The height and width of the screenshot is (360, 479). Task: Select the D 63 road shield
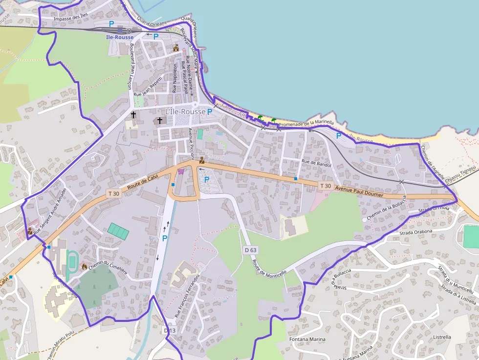click(250, 250)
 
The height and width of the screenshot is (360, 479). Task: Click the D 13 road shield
click(169, 331)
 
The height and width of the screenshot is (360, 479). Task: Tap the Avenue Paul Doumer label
click(359, 191)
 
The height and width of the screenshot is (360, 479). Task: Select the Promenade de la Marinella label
click(306, 124)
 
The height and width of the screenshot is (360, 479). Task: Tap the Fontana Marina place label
click(307, 339)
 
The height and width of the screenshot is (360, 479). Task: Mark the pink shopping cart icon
click(181, 171)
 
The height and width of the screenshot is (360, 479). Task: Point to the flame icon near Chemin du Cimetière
click(84, 267)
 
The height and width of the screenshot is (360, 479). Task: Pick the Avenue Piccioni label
click(191, 144)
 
